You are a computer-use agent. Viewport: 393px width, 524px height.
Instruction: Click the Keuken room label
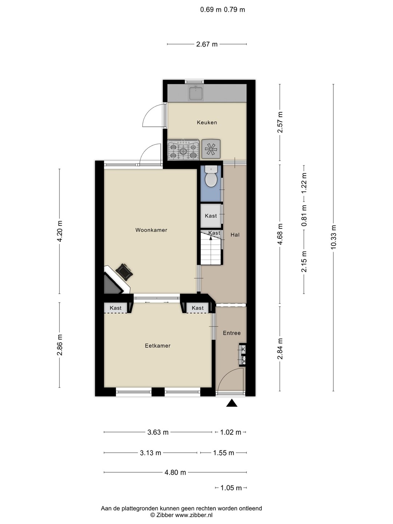click(207, 123)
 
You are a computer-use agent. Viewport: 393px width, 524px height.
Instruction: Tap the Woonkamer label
click(151, 230)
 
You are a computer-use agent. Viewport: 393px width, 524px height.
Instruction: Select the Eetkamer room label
click(158, 346)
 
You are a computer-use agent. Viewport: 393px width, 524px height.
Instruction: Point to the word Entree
click(232, 333)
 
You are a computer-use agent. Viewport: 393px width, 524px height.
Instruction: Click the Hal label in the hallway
click(235, 235)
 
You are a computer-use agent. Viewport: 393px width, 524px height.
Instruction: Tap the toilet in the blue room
click(211, 177)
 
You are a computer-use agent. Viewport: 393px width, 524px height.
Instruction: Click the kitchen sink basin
click(196, 94)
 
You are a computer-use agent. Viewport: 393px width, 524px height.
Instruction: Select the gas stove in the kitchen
click(183, 150)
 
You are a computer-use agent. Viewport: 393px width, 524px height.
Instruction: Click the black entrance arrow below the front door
click(232, 403)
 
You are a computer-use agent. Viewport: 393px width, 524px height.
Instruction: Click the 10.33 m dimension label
click(333, 237)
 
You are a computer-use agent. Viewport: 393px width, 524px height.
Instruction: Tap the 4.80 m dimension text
click(175, 472)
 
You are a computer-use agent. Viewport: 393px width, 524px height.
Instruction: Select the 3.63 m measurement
click(158, 432)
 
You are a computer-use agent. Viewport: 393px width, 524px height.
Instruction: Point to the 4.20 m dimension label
click(60, 231)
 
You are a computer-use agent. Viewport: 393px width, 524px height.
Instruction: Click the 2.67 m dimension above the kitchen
click(207, 44)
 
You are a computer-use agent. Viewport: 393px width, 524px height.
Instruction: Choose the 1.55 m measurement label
click(223, 453)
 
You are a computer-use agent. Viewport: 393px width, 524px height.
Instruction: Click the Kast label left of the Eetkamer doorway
click(115, 308)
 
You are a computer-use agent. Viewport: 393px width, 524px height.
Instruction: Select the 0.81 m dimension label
click(304, 216)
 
